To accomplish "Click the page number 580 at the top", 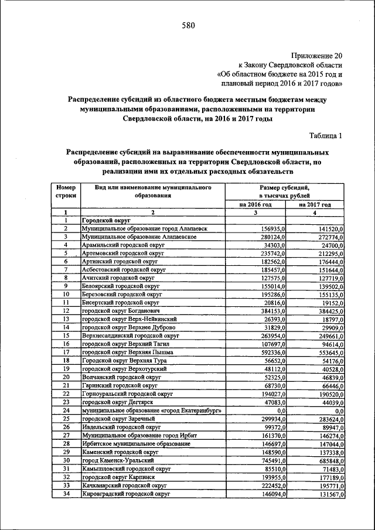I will pos(187,26).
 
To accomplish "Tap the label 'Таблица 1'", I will pos(323,136).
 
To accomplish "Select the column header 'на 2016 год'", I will pos(255,204).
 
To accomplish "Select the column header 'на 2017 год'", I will pos(315,204).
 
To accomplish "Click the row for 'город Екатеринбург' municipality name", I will pos(151,411).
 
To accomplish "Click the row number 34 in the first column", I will pos(66,495).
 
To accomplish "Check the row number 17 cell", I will pos(66,353).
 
